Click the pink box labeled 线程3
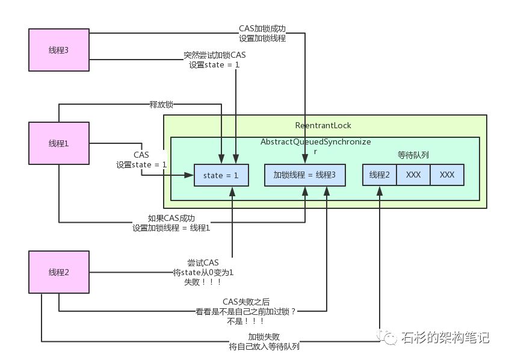coord(59,49)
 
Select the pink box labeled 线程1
coord(59,143)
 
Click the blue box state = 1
coord(221,175)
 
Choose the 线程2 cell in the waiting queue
coord(380,175)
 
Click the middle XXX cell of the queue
coord(413,175)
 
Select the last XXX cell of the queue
coord(446,175)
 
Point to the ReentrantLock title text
coord(323,125)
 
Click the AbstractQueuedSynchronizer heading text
coord(315,141)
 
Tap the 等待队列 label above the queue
coord(413,155)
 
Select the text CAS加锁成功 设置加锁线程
coord(262,34)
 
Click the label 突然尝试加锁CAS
coord(215,55)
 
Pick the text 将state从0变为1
coord(203,272)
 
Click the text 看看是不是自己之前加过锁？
coord(245,311)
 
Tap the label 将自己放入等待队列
coord(264,347)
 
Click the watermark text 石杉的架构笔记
coord(445,337)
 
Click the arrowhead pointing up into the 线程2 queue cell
coord(380,190)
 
